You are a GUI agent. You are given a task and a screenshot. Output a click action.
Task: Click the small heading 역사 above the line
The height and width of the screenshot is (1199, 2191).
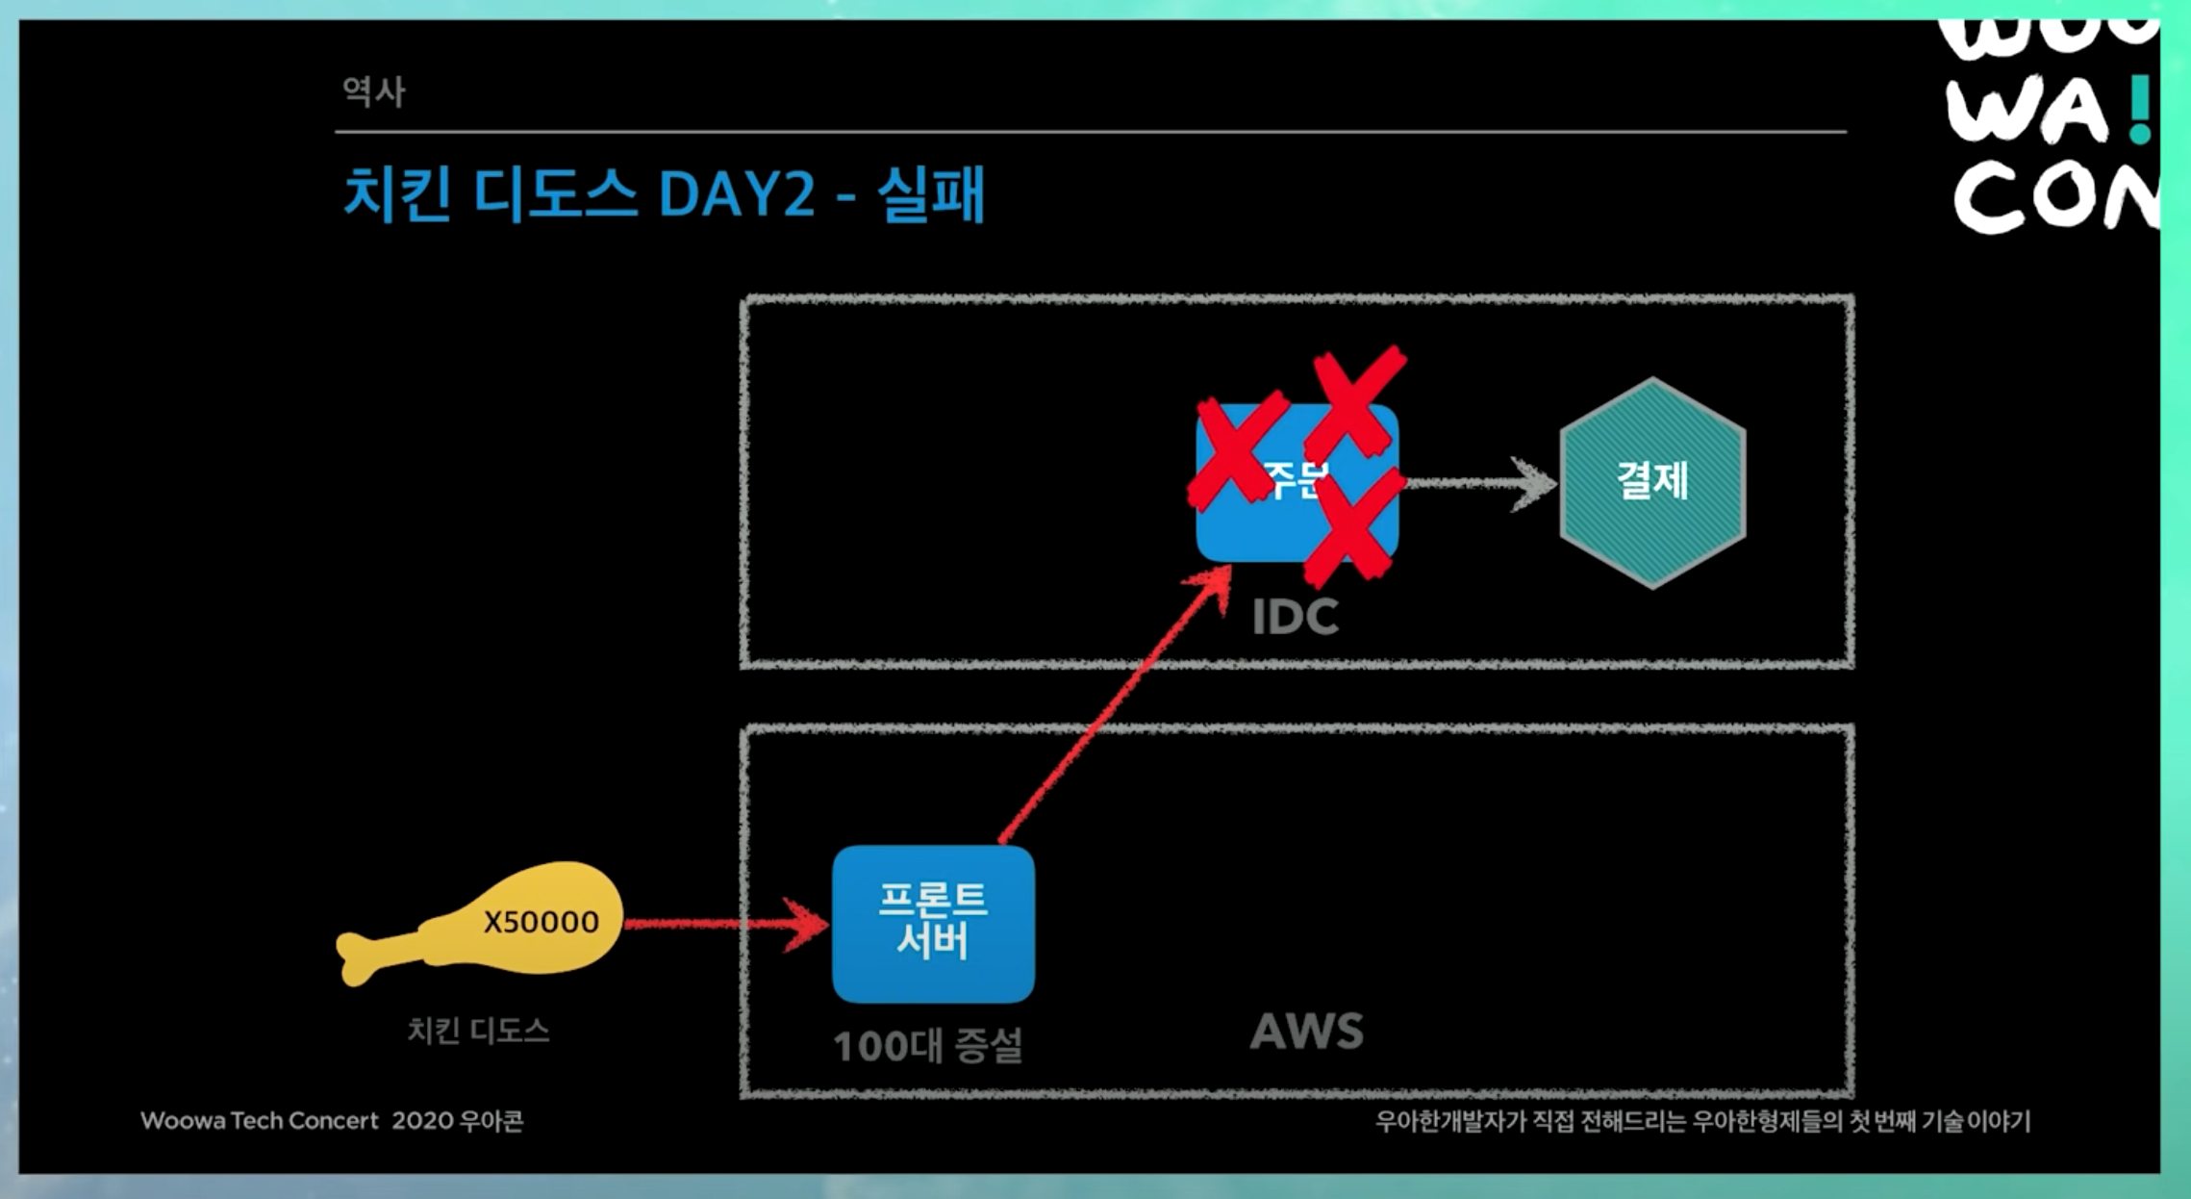click(374, 92)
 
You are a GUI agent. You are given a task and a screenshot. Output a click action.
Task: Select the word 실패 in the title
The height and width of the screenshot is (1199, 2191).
click(931, 194)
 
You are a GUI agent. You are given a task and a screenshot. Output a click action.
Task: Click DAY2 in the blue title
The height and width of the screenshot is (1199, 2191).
click(737, 194)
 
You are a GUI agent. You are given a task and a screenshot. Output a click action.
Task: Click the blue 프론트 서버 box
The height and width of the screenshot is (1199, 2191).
click(933, 924)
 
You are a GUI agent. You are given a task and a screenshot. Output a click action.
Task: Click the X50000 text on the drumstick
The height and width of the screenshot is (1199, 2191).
click(541, 922)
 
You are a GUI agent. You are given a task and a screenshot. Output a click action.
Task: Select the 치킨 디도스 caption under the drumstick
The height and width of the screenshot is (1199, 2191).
click(478, 1031)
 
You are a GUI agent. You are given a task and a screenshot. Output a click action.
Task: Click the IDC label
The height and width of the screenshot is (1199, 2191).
click(1295, 617)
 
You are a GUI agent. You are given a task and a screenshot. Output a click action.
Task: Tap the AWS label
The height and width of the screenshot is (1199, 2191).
click(1306, 1032)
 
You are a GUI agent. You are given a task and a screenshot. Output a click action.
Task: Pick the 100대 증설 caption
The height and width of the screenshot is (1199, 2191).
click(927, 1046)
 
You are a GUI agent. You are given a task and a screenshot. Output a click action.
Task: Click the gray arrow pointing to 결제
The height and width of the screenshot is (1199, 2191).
click(1481, 482)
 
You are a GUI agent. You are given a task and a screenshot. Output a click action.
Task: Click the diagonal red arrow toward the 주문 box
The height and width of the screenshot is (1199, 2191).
click(1116, 702)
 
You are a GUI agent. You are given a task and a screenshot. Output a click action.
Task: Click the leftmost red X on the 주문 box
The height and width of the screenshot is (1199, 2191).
click(1237, 448)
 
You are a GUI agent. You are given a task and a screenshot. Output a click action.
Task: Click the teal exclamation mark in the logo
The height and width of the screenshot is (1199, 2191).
click(2139, 110)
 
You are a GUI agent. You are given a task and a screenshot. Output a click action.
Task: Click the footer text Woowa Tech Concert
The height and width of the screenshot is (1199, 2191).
click(260, 1121)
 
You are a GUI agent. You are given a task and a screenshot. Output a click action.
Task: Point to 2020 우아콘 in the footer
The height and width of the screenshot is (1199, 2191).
click(457, 1121)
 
